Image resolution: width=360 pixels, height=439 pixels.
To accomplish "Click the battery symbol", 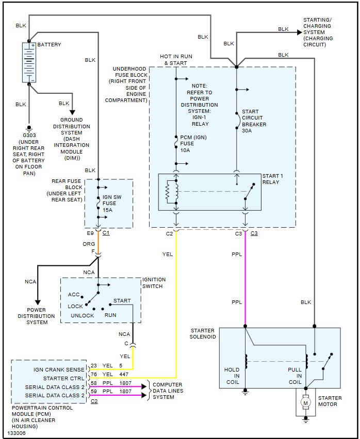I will (x=29, y=62).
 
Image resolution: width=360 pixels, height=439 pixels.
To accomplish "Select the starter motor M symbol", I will (x=305, y=402).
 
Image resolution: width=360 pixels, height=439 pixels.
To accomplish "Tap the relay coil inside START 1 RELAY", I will (x=168, y=192).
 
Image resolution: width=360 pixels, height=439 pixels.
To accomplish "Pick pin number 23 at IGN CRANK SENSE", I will (x=94, y=366).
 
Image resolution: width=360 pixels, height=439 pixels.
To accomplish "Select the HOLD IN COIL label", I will (x=232, y=376).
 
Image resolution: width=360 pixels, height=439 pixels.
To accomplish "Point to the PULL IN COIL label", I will (x=295, y=376).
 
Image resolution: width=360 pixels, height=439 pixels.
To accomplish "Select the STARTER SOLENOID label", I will (x=203, y=333).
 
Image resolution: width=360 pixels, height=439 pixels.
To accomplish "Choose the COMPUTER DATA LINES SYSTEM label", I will (x=168, y=391).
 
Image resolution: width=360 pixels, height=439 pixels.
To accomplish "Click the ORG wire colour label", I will (x=89, y=244).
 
